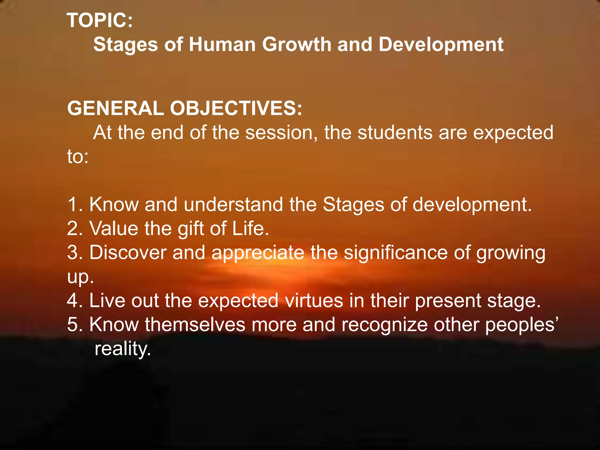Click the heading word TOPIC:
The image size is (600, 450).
coord(100,21)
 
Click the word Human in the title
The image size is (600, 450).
coord(222,45)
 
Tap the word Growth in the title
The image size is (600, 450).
coord(296,45)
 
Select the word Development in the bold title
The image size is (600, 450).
coord(441,45)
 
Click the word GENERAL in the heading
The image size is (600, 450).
coord(115,108)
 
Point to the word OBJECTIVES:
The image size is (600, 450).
coord(236,108)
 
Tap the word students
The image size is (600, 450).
coord(395,132)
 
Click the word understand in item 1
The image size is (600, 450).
coord(233,204)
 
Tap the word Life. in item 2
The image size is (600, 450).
coord(250,228)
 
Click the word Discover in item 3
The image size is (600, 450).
coord(128,252)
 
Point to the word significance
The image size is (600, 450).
coord(396,253)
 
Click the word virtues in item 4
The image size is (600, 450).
coord(314,301)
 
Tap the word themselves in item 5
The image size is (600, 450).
coord(195,325)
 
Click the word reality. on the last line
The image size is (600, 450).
coord(123,349)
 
